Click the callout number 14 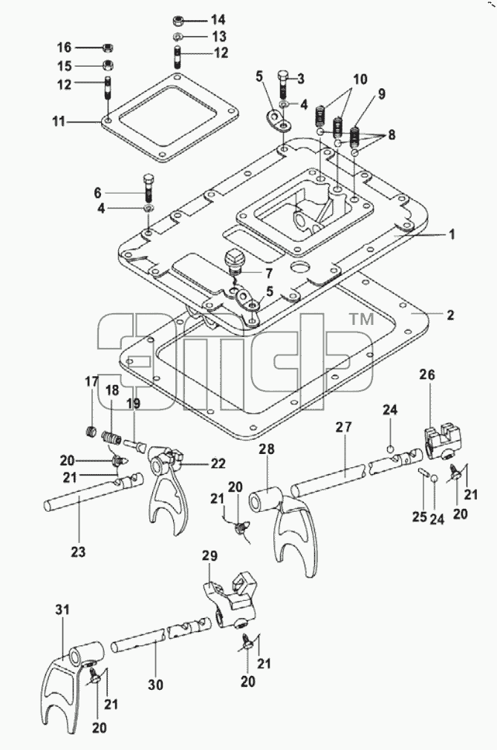tap(218, 19)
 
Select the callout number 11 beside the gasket tap(59, 122)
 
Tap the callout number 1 tap(452, 234)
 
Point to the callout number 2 tap(450, 315)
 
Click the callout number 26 tap(428, 375)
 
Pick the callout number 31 tap(62, 610)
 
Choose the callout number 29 tap(209, 556)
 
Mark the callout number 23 tap(79, 551)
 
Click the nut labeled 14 tap(179, 21)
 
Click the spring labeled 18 tap(111, 438)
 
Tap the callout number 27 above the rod tap(344, 427)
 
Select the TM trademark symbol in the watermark tap(362, 319)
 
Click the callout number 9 tap(382, 93)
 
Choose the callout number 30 tap(155, 685)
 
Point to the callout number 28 tap(267, 450)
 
